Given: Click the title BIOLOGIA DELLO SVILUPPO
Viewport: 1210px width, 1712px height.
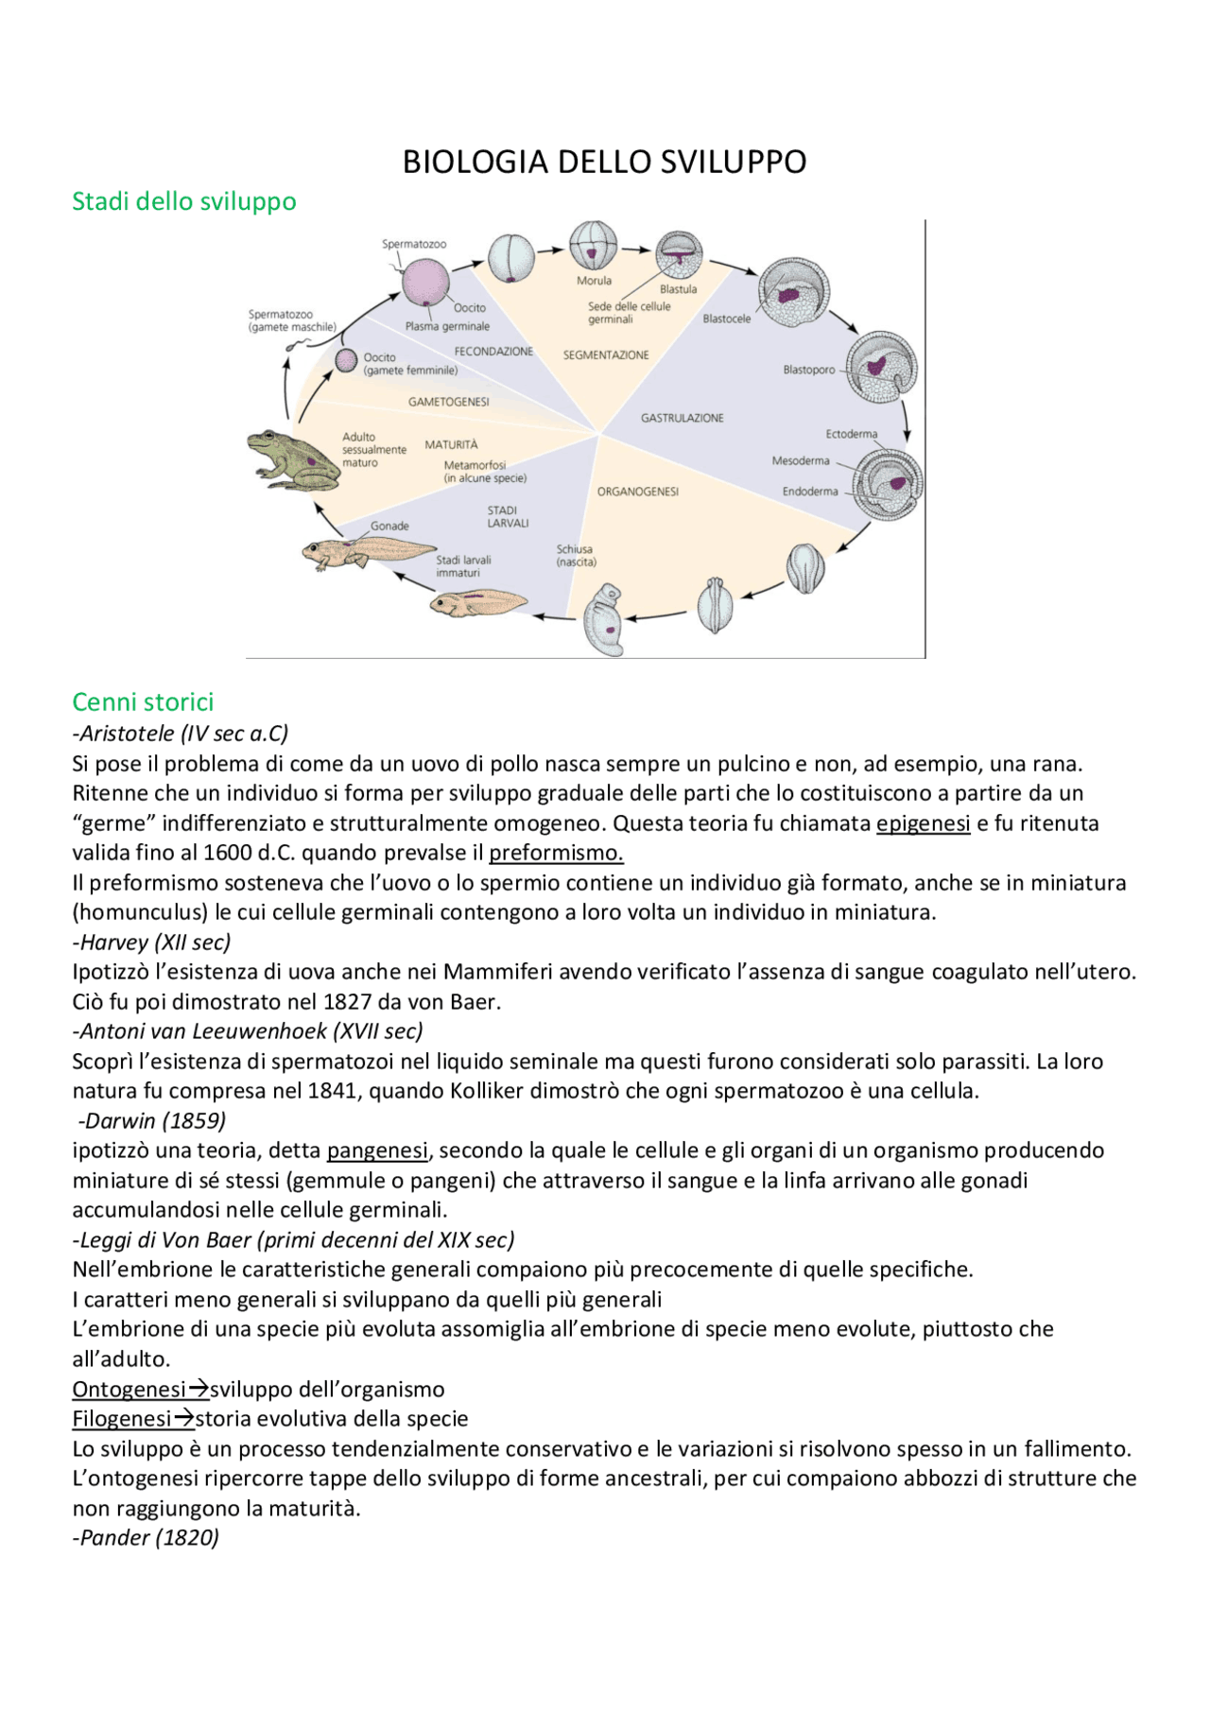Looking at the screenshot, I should [x=604, y=163].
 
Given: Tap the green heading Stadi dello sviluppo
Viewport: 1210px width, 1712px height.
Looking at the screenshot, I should [x=184, y=201].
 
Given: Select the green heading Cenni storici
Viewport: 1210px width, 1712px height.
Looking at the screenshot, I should [x=143, y=702].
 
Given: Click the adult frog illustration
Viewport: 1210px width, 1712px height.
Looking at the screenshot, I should [x=292, y=460].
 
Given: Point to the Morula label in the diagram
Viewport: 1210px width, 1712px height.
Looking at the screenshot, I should [x=594, y=281].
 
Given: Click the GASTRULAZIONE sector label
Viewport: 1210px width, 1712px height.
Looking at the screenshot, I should [x=682, y=418].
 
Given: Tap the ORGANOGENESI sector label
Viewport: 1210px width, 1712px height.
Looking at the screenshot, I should [x=637, y=492].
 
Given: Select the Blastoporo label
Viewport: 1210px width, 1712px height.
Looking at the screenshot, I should [x=808, y=370].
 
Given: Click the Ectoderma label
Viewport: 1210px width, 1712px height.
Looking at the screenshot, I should [x=851, y=435].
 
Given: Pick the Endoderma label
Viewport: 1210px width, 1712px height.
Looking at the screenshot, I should [x=809, y=492].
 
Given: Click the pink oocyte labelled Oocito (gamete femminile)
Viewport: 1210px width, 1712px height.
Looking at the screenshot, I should [x=347, y=360].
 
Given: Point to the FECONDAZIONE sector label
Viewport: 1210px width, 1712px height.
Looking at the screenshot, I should [x=493, y=352].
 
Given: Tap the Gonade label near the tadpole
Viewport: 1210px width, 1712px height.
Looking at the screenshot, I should [x=389, y=527].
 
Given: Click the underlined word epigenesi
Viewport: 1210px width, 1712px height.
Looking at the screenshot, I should [x=923, y=823].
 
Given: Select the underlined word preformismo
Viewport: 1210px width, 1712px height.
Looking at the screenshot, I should [x=556, y=853].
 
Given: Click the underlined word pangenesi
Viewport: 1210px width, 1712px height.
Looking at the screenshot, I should [x=377, y=1150].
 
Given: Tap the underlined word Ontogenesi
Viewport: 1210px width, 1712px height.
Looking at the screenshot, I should [x=130, y=1390].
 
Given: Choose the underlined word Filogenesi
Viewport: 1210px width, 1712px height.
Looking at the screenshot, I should [x=122, y=1419].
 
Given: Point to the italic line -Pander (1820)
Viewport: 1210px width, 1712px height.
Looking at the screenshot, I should [x=146, y=1538].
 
